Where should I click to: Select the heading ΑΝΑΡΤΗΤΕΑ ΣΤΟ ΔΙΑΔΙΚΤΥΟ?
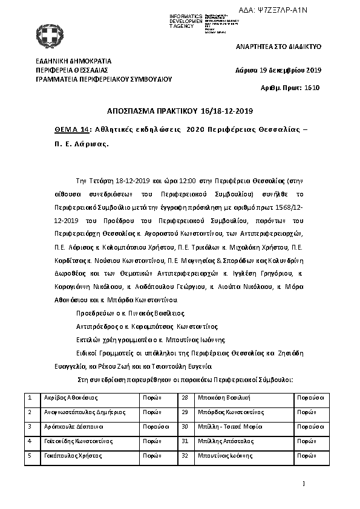[278, 46]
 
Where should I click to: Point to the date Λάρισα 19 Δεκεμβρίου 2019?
[278, 70]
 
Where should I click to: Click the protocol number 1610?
[312, 88]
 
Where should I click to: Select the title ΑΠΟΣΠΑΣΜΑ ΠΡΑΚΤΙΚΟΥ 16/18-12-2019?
[180, 111]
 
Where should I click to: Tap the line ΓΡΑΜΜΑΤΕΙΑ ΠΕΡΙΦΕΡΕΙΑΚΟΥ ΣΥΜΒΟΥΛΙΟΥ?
[104, 79]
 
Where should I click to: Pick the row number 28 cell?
[185, 398]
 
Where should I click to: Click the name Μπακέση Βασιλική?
[226, 398]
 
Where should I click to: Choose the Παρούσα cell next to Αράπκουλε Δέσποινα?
[156, 426]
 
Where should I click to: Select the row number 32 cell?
[185, 455]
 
